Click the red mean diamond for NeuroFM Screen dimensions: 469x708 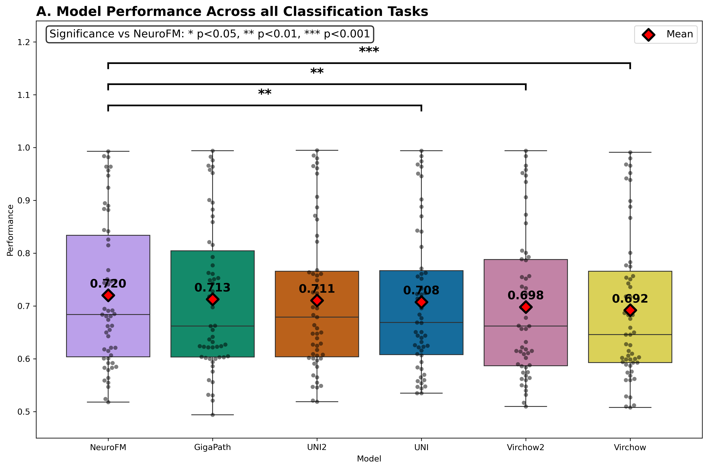(x=108, y=295)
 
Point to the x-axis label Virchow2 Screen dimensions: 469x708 (x=525, y=448)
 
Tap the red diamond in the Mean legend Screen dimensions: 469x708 (x=648, y=35)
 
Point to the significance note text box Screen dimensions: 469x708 (x=210, y=34)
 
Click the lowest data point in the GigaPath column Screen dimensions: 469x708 (x=213, y=415)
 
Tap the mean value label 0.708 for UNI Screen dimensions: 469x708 (x=421, y=290)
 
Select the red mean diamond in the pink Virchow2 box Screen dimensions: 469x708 (x=526, y=307)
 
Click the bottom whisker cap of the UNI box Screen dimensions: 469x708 (x=421, y=393)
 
